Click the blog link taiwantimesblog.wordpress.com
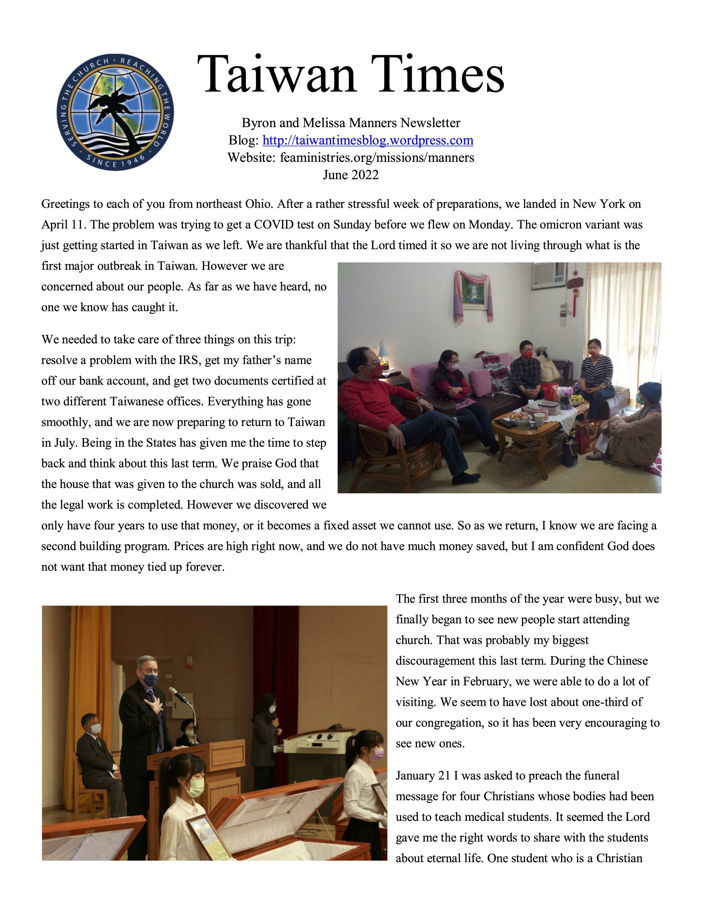(x=367, y=140)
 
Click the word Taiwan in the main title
(x=276, y=75)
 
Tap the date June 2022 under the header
(x=350, y=175)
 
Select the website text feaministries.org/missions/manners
(x=377, y=158)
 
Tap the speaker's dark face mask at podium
(x=150, y=679)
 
